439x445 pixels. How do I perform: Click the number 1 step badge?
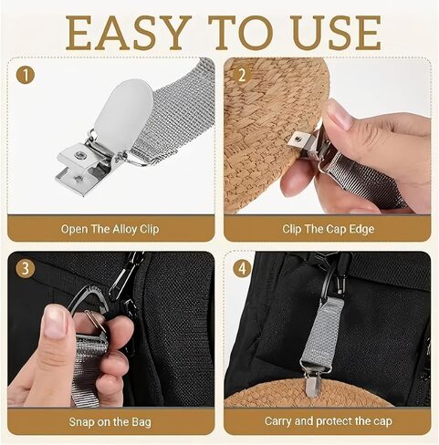pos(26,75)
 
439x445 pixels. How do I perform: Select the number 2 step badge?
pos(242,75)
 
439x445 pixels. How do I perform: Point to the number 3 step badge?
pos(26,269)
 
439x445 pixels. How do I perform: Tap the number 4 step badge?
pos(242,269)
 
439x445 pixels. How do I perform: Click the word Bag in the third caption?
pos(141,422)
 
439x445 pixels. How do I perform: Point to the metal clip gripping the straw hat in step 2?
pos(308,143)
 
